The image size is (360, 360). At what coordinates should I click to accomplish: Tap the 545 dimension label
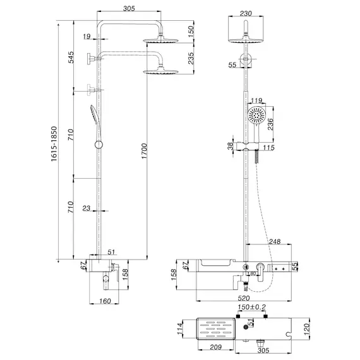point(71,59)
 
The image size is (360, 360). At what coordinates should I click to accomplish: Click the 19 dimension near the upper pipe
point(85,37)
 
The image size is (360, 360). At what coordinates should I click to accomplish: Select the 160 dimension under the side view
point(106,301)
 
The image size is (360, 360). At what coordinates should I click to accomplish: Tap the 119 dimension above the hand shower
point(256,100)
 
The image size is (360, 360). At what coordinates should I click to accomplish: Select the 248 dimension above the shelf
point(273,240)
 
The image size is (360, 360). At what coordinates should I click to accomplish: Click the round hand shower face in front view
point(256,117)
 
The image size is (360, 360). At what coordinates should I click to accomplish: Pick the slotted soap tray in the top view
point(215,331)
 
